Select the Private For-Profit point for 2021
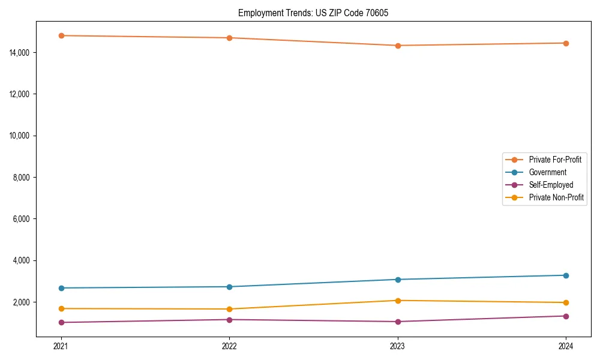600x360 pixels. coord(61,35)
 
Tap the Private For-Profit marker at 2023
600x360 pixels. coord(398,46)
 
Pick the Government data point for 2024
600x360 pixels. coord(566,275)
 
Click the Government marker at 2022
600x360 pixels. coord(229,287)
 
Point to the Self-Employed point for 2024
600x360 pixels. coord(566,316)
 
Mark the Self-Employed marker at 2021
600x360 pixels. coord(61,323)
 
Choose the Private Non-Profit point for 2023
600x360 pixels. coord(398,301)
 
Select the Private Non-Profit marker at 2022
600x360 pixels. coord(229,309)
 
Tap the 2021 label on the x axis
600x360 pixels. coord(61,346)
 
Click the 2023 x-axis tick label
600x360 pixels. coord(398,346)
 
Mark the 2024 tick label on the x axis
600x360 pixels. coord(566,346)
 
